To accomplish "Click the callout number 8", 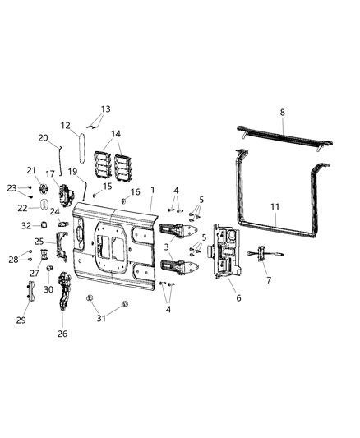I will [x=282, y=111].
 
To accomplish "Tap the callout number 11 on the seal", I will [x=274, y=208].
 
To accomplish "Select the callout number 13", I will [x=105, y=108].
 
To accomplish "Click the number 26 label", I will [x=63, y=334].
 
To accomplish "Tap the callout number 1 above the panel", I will [x=152, y=191].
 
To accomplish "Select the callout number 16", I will [x=135, y=191].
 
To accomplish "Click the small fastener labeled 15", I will [x=95, y=196].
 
